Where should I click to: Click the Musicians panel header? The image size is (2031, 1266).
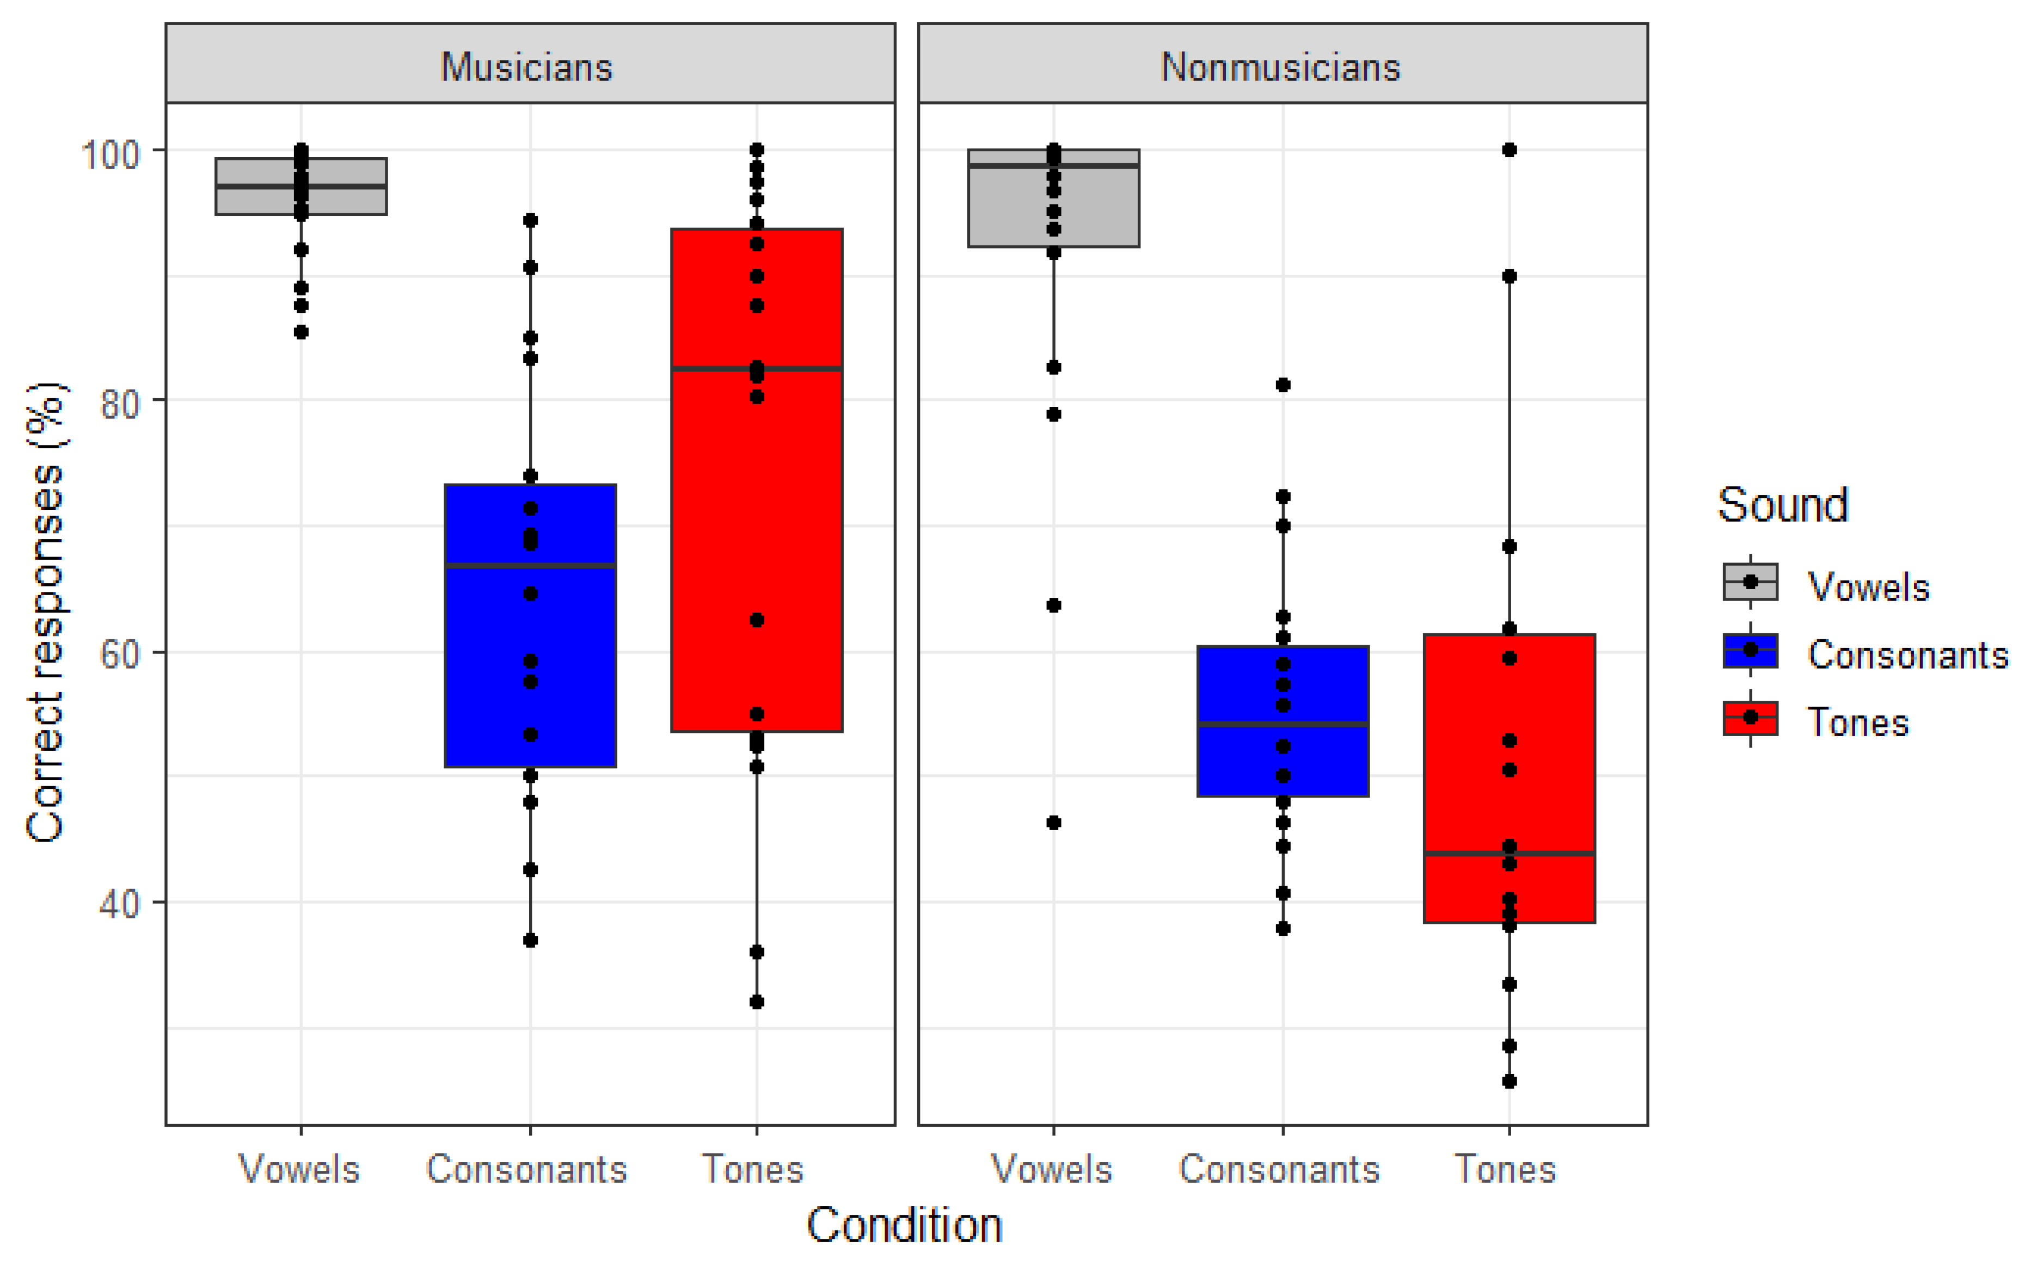click(x=527, y=66)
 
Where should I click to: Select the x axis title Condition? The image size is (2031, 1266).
click(x=905, y=1225)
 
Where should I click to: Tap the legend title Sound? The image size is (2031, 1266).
click(x=1782, y=505)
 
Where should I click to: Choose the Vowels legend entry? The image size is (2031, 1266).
click(x=1868, y=586)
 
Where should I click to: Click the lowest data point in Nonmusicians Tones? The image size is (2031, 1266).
click(x=1508, y=1081)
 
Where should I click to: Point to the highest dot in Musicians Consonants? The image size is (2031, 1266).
click(x=530, y=220)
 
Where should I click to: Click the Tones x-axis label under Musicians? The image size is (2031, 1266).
click(x=752, y=1169)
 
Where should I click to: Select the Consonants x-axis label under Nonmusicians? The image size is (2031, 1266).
click(x=1279, y=1169)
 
